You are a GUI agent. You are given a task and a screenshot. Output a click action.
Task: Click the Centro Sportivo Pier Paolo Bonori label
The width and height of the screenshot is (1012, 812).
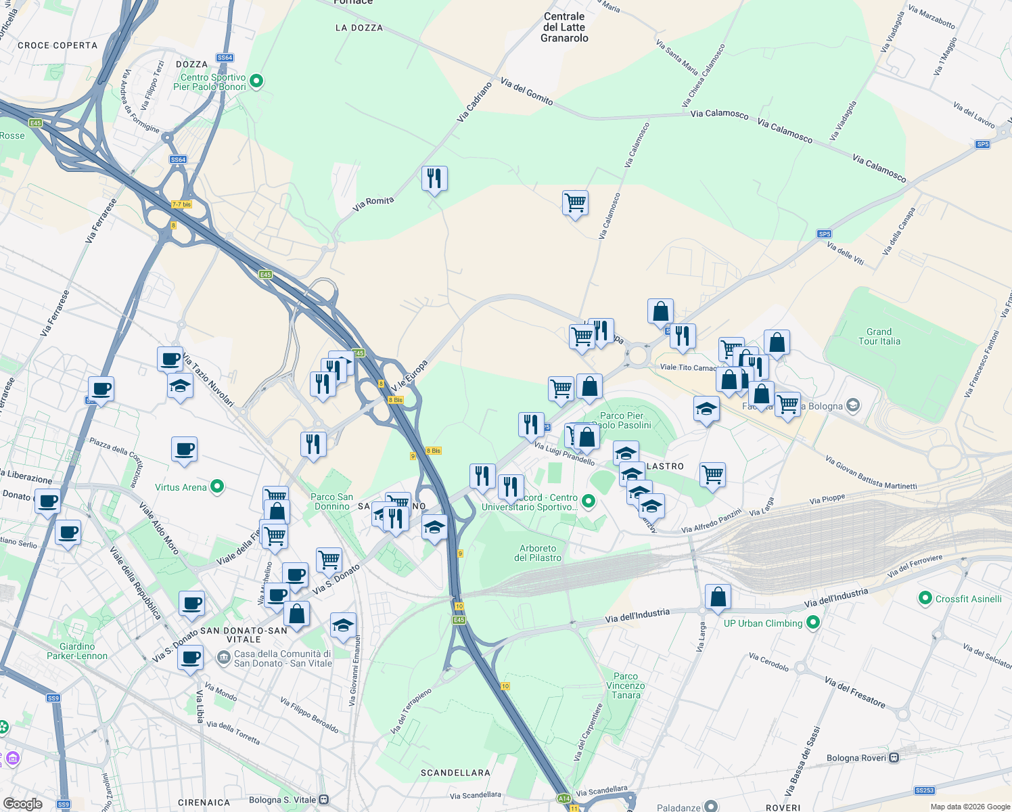210,82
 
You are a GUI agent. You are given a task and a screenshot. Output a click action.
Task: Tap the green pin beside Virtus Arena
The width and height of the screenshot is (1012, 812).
217,486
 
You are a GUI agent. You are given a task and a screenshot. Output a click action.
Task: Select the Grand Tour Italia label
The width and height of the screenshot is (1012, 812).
879,336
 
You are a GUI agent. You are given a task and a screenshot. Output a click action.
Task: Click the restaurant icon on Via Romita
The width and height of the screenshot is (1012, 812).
434,179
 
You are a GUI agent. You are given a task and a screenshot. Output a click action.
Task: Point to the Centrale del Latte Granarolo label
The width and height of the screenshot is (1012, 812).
564,27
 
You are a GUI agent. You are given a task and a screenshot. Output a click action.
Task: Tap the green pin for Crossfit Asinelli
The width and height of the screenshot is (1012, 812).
925,598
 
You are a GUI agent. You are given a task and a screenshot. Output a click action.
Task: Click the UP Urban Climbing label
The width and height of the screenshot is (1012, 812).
762,623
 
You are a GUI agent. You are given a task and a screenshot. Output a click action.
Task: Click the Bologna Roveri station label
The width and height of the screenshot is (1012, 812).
856,758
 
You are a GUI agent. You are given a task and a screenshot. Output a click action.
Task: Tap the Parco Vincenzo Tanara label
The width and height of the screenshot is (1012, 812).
626,685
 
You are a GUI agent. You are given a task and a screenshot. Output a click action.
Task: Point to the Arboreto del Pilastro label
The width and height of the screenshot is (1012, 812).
538,553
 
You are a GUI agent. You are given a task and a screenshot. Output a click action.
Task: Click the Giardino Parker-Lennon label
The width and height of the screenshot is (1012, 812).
77,651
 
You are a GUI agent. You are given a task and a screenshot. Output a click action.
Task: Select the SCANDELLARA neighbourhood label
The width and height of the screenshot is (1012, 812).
455,772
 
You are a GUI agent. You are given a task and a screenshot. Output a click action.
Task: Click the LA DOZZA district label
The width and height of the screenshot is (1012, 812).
359,28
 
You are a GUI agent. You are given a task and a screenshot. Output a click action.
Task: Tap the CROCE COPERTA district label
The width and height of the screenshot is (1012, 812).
57,45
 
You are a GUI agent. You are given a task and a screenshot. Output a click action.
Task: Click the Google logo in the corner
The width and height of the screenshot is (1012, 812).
22,804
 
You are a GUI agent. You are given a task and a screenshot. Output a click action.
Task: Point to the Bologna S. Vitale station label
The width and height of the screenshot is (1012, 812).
282,800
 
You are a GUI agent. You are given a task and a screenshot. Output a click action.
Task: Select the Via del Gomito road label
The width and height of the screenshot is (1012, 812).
527,91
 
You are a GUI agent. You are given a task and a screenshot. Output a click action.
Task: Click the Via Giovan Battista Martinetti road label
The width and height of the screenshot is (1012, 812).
871,472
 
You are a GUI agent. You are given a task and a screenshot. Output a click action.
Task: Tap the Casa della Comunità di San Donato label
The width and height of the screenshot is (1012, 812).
282,658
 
